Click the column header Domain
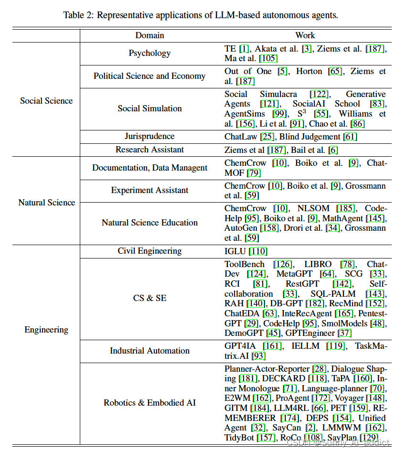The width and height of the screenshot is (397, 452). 150,35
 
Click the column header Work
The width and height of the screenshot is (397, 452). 305,35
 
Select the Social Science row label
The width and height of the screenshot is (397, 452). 46,101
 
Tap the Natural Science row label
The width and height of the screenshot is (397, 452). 46,203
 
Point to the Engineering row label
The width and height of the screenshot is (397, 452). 46,330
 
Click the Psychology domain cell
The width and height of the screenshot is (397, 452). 150,53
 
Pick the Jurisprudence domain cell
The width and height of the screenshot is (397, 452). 150,136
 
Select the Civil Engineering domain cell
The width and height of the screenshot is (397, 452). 150,251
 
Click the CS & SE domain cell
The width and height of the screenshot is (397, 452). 150,298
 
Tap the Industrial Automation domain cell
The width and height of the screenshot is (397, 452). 150,351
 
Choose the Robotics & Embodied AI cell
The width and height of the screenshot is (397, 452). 150,403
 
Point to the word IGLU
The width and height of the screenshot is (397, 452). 235,251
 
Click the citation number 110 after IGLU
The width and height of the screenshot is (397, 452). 258,251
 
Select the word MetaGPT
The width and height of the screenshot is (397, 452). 294,274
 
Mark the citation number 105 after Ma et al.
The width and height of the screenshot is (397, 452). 268,58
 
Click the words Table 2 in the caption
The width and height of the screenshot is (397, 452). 79,15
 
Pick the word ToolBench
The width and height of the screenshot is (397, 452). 245,264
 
